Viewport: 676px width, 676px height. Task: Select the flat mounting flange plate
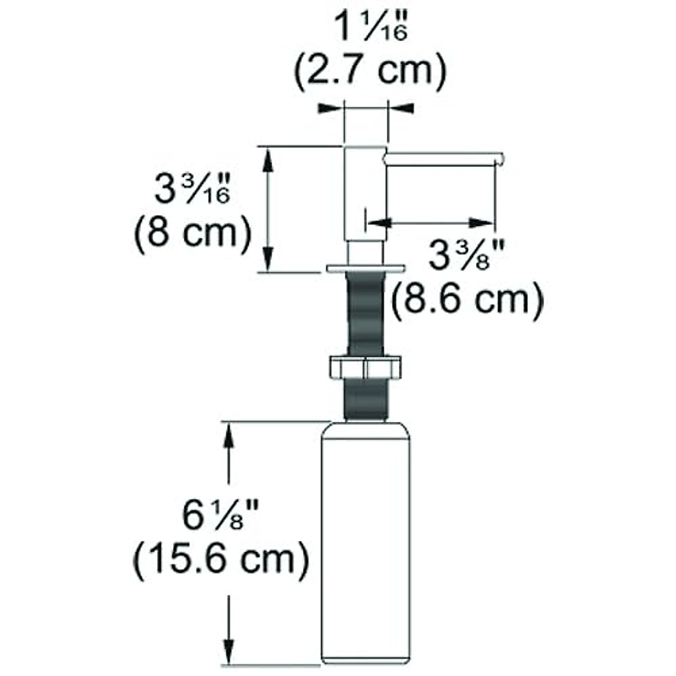tap(366, 267)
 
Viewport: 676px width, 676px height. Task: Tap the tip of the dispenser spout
tap(498, 159)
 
